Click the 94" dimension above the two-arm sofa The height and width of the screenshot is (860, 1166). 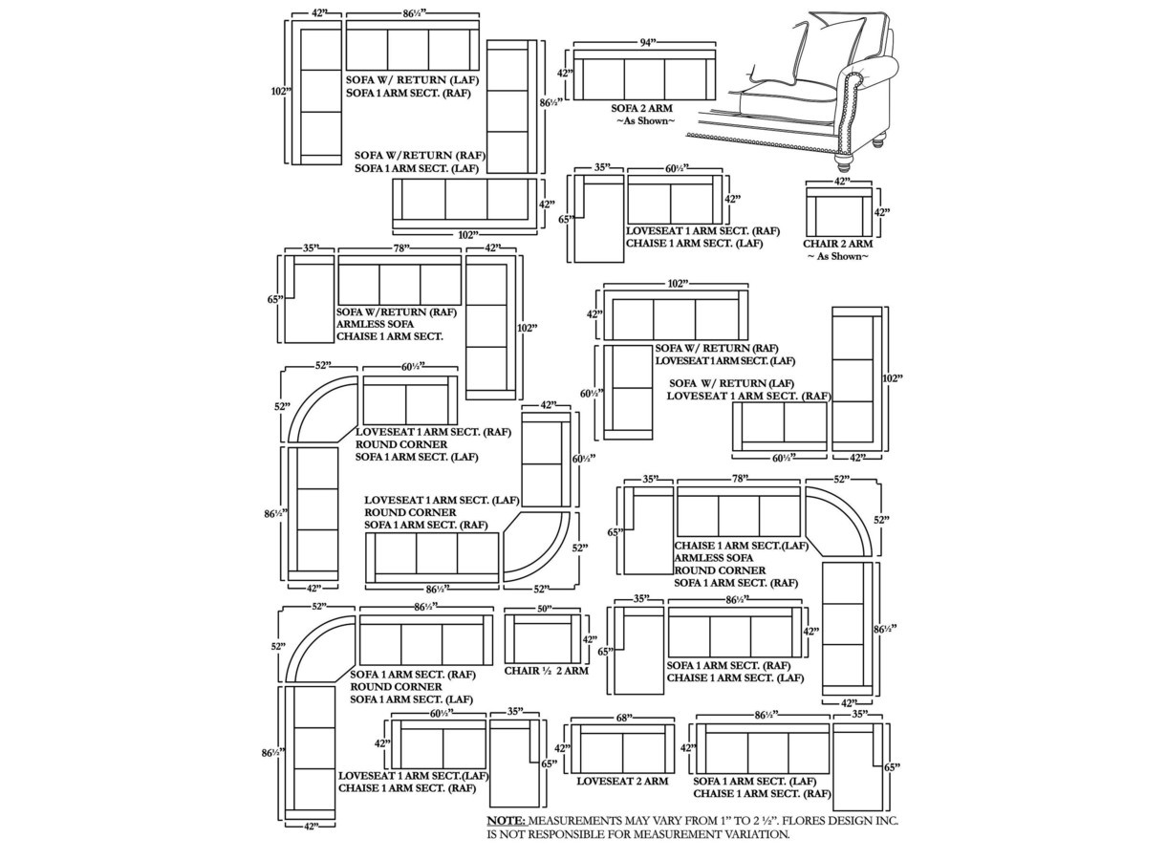coord(647,43)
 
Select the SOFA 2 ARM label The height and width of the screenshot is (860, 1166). coord(641,109)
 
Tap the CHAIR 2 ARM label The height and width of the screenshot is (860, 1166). coord(837,244)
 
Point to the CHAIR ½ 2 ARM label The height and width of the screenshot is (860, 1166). coord(546,671)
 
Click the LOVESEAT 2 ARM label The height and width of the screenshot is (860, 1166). coord(622,782)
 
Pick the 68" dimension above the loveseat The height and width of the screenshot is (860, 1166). coord(625,718)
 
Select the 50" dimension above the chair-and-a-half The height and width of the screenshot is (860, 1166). coord(544,608)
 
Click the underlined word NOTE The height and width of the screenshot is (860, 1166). coord(507,821)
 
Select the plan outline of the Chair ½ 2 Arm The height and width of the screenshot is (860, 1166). coord(543,639)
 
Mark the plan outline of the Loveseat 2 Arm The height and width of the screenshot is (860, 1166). coord(622,748)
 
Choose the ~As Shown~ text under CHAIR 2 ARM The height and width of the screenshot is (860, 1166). coord(837,256)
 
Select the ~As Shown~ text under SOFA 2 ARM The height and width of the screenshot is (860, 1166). coord(644,121)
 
